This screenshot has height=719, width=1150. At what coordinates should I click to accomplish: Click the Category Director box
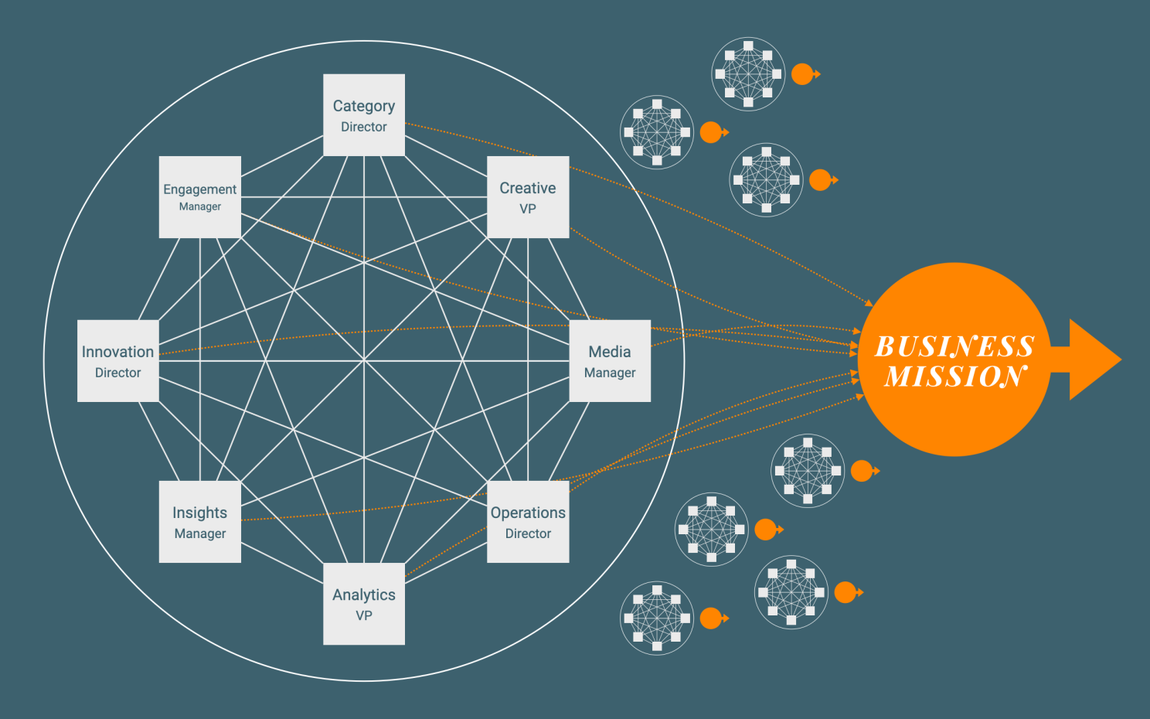pyautogui.click(x=364, y=115)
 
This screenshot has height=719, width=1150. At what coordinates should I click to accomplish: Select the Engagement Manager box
pyautogui.click(x=200, y=197)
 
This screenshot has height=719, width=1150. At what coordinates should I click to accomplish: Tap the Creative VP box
pyautogui.click(x=528, y=197)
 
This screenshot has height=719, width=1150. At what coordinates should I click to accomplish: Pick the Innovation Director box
pyautogui.click(x=118, y=361)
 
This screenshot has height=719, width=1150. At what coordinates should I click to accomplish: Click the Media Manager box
pyautogui.click(x=610, y=361)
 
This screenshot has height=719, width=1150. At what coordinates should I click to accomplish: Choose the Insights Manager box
pyautogui.click(x=200, y=522)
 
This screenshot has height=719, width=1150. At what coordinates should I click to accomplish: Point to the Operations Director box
pyautogui.click(x=528, y=522)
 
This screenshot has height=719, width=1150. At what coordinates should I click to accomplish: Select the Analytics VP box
pyautogui.click(x=364, y=604)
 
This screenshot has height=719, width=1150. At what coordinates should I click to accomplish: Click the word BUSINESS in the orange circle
pyautogui.click(x=954, y=346)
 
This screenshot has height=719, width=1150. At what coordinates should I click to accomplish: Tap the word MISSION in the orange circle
pyautogui.click(x=955, y=377)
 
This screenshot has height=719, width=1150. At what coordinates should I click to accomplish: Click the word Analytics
pyautogui.click(x=364, y=595)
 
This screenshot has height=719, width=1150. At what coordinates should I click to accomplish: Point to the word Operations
pyautogui.click(x=528, y=513)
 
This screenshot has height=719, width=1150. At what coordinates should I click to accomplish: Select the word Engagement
pyautogui.click(x=200, y=189)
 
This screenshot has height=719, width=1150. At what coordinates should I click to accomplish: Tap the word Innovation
pyautogui.click(x=118, y=352)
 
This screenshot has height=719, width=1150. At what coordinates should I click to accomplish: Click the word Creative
pyautogui.click(x=528, y=188)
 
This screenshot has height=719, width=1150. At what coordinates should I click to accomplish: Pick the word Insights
pyautogui.click(x=200, y=513)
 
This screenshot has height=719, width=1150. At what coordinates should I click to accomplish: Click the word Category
pyautogui.click(x=364, y=106)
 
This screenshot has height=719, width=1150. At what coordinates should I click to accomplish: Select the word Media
pyautogui.click(x=610, y=352)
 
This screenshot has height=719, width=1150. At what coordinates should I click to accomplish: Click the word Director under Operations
pyautogui.click(x=528, y=533)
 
